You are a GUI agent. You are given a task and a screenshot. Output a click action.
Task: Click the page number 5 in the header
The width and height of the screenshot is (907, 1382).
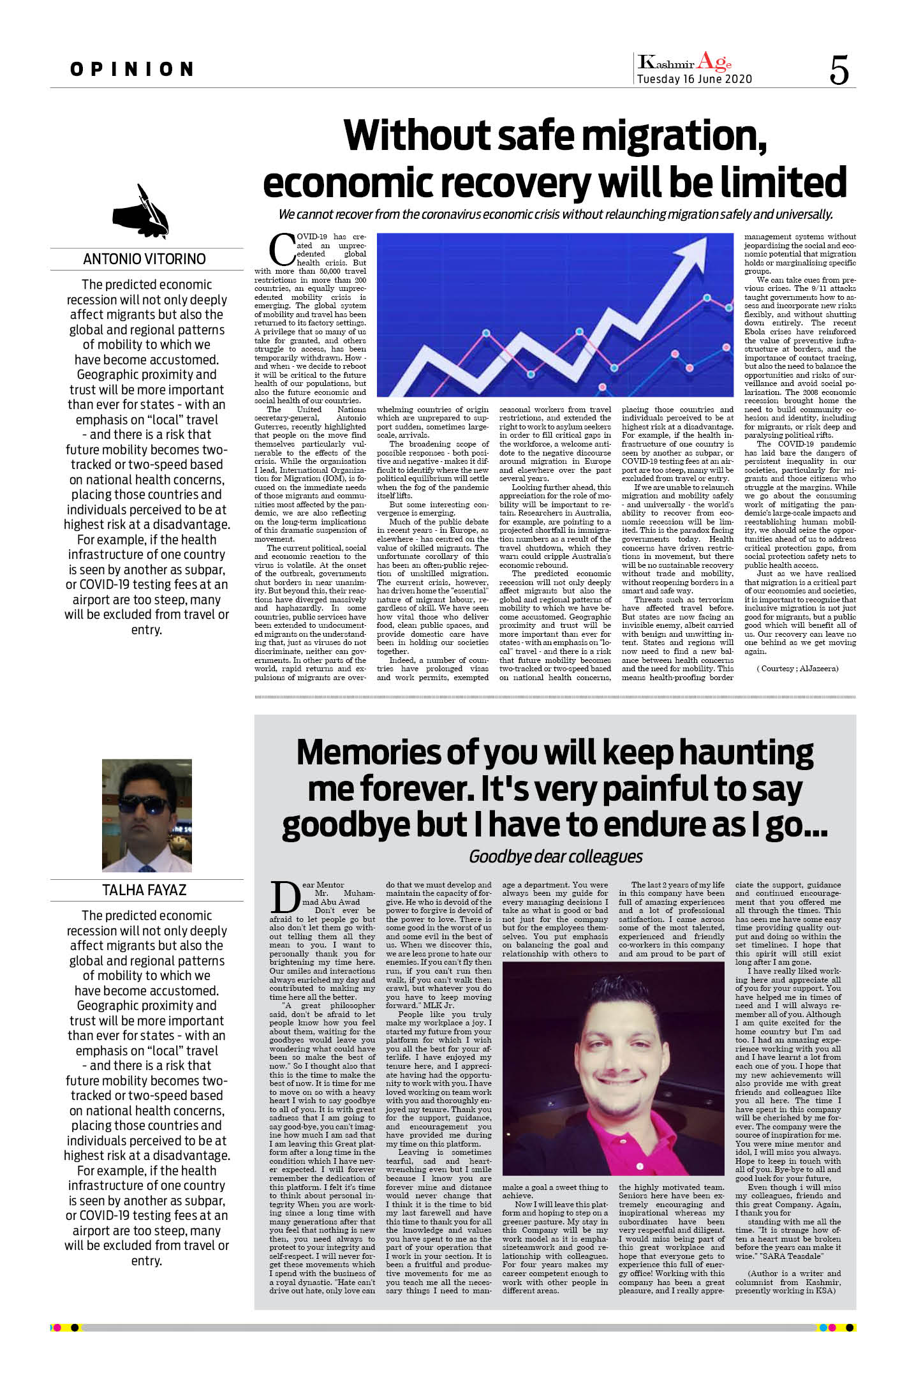pyautogui.click(x=839, y=70)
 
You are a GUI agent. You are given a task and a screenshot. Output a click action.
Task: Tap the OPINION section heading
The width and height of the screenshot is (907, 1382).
pyautogui.click(x=132, y=69)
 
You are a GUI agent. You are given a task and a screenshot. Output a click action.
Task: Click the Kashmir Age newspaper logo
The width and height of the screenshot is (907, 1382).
pyautogui.click(x=684, y=62)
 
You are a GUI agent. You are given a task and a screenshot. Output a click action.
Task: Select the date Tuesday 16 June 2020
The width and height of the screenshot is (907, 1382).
pyautogui.click(x=695, y=79)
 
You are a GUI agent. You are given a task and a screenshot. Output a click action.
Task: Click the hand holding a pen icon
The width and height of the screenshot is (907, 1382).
pyautogui.click(x=142, y=210)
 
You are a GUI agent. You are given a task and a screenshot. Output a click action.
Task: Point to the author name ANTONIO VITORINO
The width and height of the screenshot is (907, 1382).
pyautogui.click(x=144, y=259)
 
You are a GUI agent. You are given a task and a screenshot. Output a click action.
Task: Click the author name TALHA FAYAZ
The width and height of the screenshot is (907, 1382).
pyautogui.click(x=144, y=890)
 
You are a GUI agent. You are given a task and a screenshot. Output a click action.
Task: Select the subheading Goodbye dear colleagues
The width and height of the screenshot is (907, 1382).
pyautogui.click(x=556, y=856)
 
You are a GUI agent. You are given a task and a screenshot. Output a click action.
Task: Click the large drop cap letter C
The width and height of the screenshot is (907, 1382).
pyautogui.click(x=282, y=249)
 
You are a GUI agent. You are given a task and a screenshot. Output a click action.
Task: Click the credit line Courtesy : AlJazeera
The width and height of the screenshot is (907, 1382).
pyautogui.click(x=797, y=669)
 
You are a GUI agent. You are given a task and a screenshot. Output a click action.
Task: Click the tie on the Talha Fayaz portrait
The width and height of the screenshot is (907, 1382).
pyautogui.click(x=146, y=868)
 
